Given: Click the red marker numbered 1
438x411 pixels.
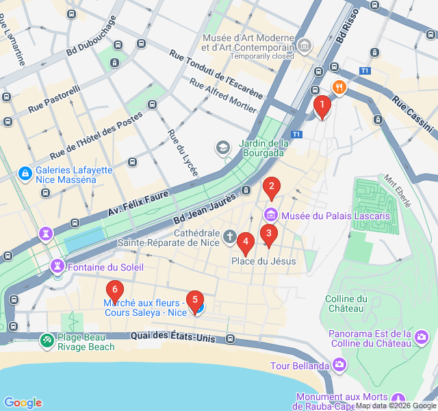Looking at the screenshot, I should [322, 105].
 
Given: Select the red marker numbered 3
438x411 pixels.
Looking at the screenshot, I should [268, 234].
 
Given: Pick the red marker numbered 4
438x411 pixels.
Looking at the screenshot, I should [245, 242].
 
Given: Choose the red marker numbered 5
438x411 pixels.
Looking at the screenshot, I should [195, 301].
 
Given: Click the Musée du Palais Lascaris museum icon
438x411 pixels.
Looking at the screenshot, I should [270, 215].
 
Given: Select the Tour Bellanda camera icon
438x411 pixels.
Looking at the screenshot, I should [338, 364].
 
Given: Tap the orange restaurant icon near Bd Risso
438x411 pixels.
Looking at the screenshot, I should [339, 87].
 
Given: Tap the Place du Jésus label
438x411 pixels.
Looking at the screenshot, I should [263, 261].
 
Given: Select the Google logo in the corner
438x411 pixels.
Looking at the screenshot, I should [23, 403].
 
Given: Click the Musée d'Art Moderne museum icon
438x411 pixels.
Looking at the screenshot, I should [305, 46].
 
